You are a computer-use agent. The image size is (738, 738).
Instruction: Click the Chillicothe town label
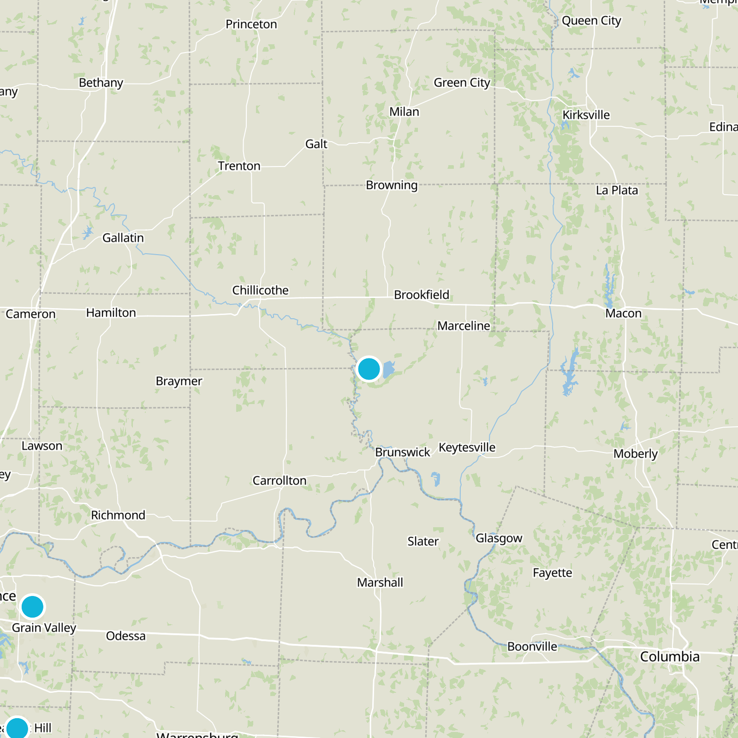(x=260, y=290)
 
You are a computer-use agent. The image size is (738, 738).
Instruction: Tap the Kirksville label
(x=586, y=115)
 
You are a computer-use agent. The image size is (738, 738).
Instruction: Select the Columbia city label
(x=670, y=656)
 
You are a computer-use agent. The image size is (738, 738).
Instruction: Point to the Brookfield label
(x=421, y=295)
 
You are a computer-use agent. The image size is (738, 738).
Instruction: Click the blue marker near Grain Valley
(x=32, y=607)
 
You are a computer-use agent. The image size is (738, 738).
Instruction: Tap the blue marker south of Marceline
(x=369, y=369)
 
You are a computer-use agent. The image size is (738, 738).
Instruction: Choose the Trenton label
(x=239, y=166)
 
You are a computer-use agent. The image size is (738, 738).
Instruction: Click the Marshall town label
(x=380, y=583)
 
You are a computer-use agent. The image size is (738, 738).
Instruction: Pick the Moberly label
(x=635, y=454)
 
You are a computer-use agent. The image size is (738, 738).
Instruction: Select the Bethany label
(x=101, y=83)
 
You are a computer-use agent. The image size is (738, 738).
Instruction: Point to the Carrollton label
(x=280, y=481)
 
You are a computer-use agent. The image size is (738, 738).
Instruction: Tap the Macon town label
(x=623, y=314)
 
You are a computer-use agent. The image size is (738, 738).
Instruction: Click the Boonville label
(x=532, y=647)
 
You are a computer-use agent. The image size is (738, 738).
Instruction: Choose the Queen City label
(x=591, y=21)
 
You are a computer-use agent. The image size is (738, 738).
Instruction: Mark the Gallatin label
(x=123, y=238)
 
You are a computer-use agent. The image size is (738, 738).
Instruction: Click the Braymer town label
(x=179, y=381)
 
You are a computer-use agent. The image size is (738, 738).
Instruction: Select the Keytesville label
(x=467, y=447)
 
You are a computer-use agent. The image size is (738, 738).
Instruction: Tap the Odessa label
(x=125, y=636)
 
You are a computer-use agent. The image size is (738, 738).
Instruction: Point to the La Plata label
(x=617, y=190)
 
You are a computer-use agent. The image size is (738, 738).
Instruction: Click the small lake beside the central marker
(x=389, y=369)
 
